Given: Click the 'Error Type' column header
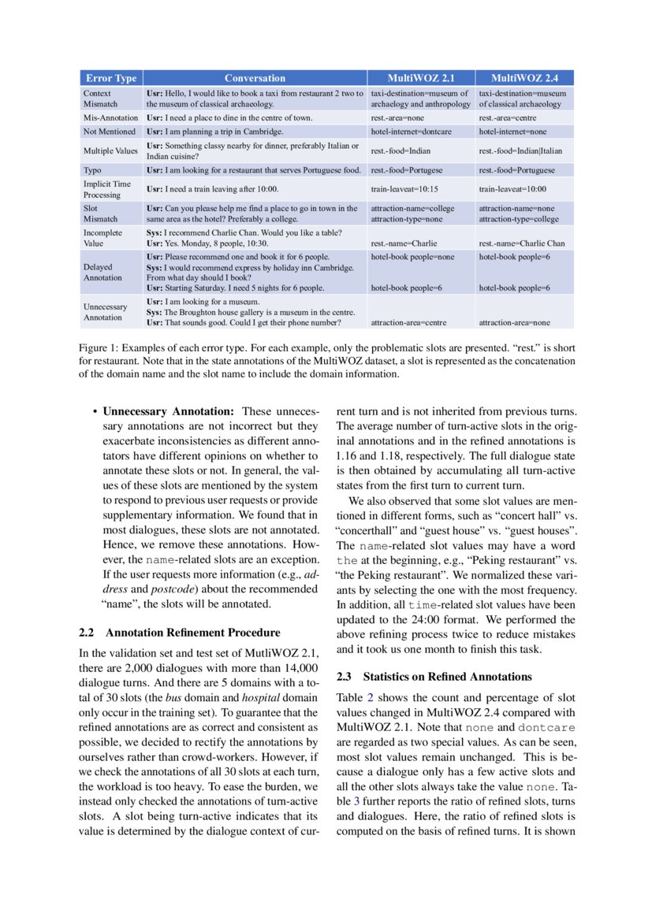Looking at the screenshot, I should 111,78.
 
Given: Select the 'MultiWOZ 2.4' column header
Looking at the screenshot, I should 525,78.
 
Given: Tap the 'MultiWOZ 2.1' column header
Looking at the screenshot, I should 420,78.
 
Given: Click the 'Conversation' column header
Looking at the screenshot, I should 255,78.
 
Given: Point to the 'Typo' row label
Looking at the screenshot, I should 92,170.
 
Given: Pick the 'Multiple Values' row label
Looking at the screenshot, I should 110,150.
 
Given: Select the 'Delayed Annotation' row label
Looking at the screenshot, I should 102,272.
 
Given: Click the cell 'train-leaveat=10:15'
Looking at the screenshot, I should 404,190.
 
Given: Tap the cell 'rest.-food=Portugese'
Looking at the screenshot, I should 407,170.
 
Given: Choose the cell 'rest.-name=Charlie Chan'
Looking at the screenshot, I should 522,243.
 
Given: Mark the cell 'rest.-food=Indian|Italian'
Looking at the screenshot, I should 520,150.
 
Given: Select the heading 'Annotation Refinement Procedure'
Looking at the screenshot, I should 192,632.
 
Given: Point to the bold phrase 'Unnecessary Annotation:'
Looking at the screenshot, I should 169,411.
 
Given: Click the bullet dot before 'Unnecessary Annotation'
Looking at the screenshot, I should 95,412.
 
